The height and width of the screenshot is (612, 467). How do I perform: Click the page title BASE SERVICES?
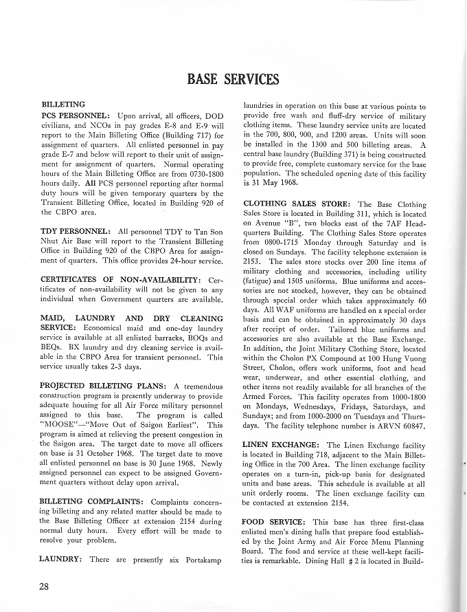click(x=233, y=79)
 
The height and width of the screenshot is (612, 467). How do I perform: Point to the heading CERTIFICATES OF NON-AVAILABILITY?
click(x=122, y=280)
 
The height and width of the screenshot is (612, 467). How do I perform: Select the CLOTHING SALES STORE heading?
click(x=297, y=204)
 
